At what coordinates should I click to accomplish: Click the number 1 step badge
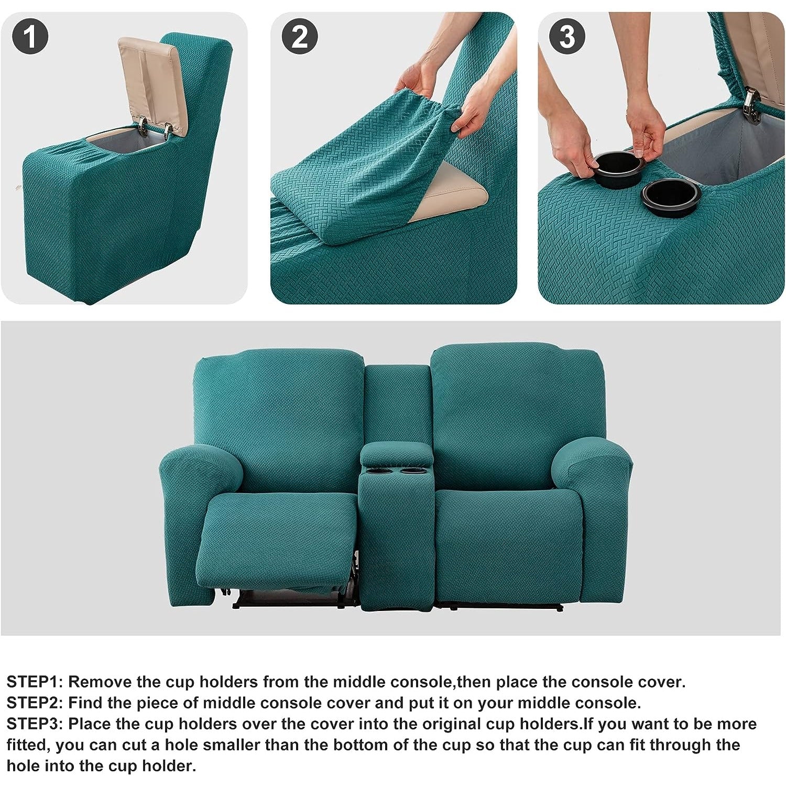tap(30, 37)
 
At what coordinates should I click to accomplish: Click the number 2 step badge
tap(300, 37)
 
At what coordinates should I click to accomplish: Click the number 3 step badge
tap(567, 37)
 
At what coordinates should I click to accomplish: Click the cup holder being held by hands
tap(618, 169)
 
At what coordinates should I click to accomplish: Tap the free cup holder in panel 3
tap(671, 198)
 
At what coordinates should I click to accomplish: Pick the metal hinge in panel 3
tap(751, 106)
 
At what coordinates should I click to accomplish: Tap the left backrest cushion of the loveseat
tap(279, 419)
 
